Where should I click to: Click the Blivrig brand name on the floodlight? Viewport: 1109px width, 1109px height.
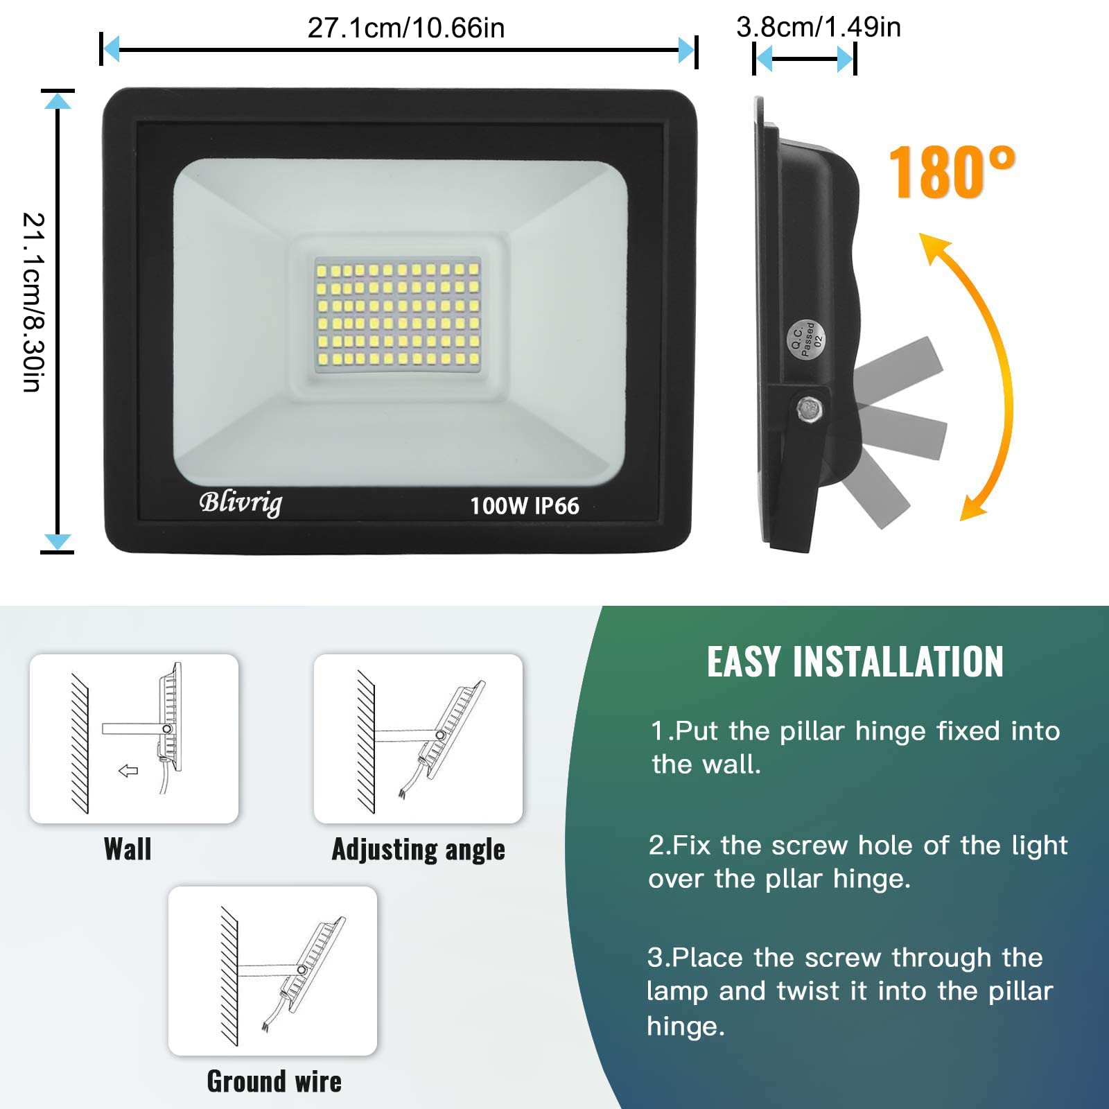(x=241, y=503)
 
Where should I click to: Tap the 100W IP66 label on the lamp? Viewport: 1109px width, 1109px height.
(x=524, y=506)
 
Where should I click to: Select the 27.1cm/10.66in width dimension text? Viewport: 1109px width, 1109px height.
(x=406, y=28)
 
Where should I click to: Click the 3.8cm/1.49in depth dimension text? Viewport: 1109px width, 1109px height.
(x=819, y=27)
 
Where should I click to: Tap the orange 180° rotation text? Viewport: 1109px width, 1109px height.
(x=952, y=172)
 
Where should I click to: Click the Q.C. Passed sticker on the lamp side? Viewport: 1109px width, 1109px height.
(x=805, y=339)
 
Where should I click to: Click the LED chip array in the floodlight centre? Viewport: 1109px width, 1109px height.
(x=398, y=314)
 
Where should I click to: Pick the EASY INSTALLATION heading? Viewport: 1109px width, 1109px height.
(x=855, y=661)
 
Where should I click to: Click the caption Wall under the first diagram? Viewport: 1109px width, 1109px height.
(x=128, y=849)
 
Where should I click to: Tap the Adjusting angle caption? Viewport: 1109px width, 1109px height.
(x=418, y=850)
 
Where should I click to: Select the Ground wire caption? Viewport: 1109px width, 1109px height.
(x=274, y=1081)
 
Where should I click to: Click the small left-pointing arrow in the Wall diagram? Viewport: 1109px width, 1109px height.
(x=128, y=771)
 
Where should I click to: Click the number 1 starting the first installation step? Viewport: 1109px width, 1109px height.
(x=658, y=731)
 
